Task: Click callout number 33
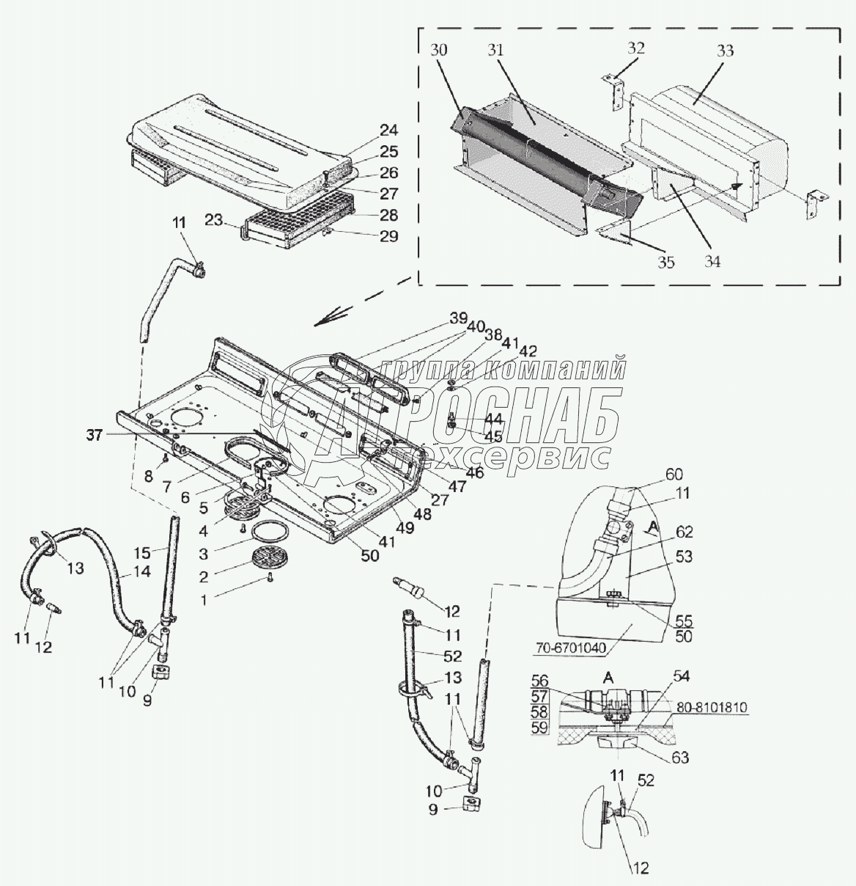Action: click(725, 52)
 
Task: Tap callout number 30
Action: click(440, 51)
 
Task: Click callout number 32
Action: click(636, 49)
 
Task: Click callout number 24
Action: click(388, 131)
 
